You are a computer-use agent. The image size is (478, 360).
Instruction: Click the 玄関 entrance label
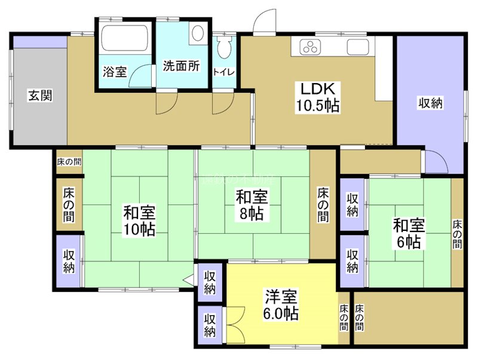point(39,94)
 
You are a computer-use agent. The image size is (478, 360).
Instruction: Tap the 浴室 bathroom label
point(114,72)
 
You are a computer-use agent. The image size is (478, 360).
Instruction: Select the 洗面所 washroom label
point(182,66)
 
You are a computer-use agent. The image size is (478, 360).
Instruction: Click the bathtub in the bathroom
point(124,39)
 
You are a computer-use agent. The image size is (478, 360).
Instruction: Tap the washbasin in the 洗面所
point(197,34)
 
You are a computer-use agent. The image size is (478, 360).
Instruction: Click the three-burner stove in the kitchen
point(311,47)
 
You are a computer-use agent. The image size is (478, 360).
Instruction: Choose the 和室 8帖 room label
point(251,204)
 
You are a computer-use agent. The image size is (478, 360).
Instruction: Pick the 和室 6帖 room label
point(409,233)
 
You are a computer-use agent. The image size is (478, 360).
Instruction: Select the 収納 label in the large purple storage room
point(429,103)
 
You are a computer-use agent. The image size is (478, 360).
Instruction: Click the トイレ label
point(225,72)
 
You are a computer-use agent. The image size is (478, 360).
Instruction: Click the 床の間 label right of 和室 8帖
point(323,205)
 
